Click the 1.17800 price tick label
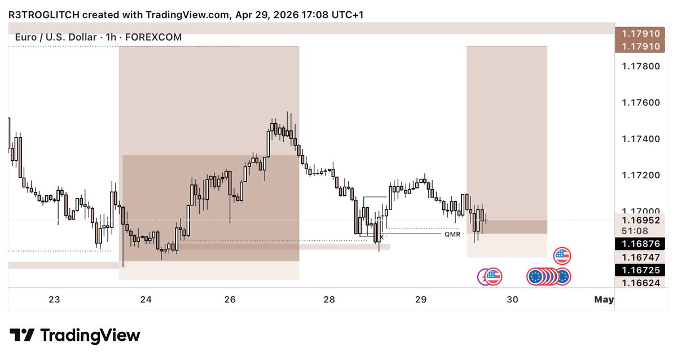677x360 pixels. click(x=641, y=66)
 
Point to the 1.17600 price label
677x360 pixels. click(x=641, y=103)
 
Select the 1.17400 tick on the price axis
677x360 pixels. click(x=641, y=139)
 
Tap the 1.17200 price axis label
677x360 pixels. click(x=641, y=175)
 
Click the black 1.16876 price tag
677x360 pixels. click(x=640, y=244)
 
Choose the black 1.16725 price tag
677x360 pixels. click(x=640, y=270)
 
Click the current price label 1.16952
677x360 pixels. click(x=641, y=220)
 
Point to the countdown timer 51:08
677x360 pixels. click(x=635, y=231)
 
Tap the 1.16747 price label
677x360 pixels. click(x=641, y=257)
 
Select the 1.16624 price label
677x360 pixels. click(x=641, y=283)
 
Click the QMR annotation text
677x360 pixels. click(x=452, y=234)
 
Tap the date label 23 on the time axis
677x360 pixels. click(x=54, y=299)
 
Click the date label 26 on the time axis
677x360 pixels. click(x=230, y=299)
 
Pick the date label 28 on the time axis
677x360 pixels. click(x=329, y=299)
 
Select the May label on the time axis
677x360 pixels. click(x=604, y=299)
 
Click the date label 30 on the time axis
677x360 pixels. click(x=513, y=299)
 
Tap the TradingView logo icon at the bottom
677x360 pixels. click(x=22, y=335)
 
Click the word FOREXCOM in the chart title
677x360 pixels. click(x=153, y=37)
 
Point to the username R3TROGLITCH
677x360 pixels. click(x=44, y=15)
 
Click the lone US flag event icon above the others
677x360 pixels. click(x=562, y=256)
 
